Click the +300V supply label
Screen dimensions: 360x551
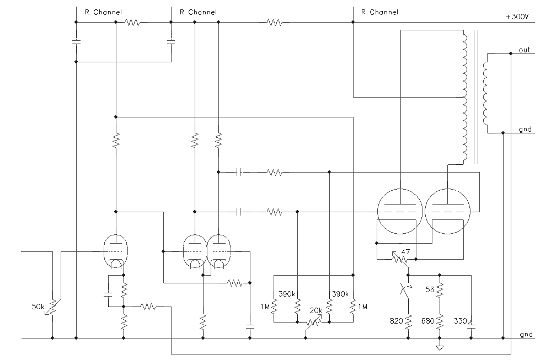(517, 17)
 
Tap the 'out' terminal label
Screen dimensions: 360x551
(524, 50)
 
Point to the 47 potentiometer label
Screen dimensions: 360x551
(405, 252)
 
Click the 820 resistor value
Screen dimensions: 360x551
(397, 320)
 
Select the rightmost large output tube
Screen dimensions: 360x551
(447, 211)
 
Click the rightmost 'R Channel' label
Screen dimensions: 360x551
(379, 12)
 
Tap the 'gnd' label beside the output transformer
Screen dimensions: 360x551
(525, 130)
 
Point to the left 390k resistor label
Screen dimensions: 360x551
(286, 293)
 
